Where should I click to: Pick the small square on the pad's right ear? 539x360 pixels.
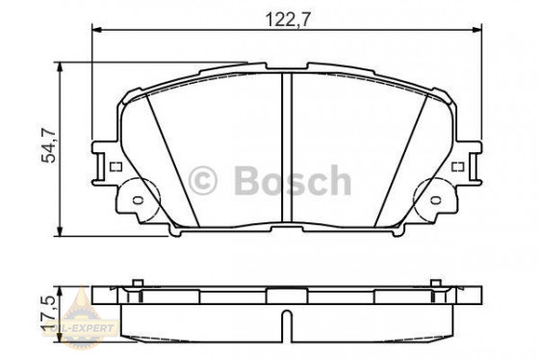[458, 166]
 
